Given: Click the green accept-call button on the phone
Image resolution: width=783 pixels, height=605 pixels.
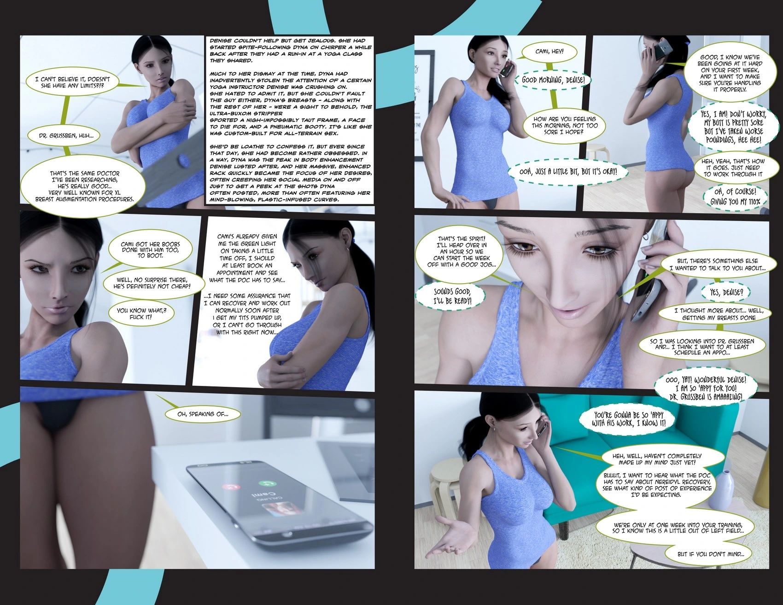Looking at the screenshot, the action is (x=265, y=483).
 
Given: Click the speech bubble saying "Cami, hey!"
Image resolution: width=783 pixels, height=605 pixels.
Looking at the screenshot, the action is (x=549, y=52).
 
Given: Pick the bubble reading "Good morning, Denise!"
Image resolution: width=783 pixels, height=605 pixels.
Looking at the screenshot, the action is (x=553, y=80).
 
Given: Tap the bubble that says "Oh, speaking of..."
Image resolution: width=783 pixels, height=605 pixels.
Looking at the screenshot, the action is (x=203, y=414).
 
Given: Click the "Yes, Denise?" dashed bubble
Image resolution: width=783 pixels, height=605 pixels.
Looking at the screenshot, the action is (x=726, y=292).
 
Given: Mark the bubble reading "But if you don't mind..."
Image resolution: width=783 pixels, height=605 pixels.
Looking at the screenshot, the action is (x=711, y=554).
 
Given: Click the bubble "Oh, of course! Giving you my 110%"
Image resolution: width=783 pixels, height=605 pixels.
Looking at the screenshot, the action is (x=735, y=196).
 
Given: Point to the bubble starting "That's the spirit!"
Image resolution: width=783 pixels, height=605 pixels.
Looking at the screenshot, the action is (x=462, y=251).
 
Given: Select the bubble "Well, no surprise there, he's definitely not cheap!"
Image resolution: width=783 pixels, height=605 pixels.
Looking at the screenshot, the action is (x=152, y=283).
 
